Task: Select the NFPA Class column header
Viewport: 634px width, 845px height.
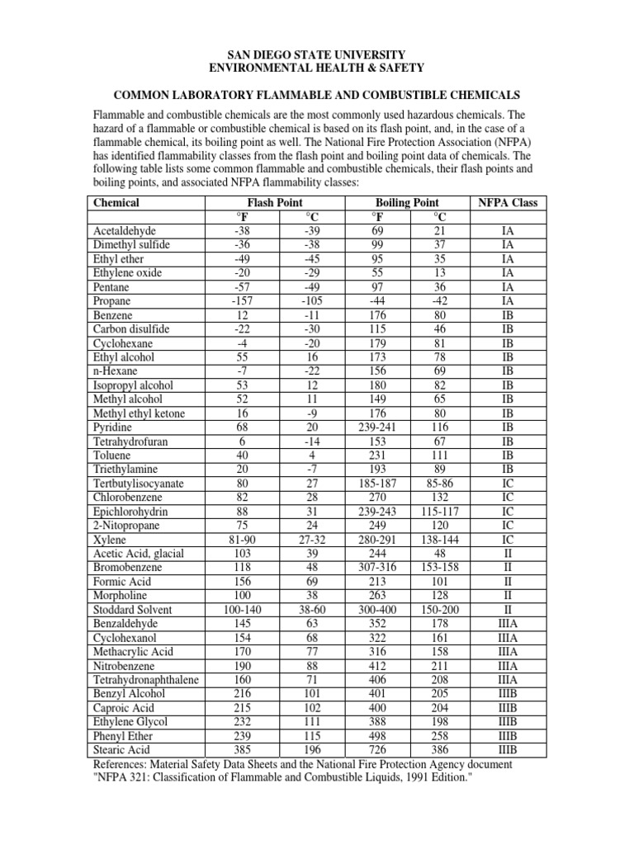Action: (x=508, y=202)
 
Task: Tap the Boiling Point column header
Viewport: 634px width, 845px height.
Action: (x=407, y=202)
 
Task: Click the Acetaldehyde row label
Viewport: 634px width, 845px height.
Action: (x=125, y=231)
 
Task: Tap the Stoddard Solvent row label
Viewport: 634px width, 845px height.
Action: (x=133, y=610)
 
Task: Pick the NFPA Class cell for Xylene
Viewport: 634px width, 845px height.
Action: (x=508, y=540)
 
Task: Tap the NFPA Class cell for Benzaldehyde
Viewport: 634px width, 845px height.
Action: (x=508, y=624)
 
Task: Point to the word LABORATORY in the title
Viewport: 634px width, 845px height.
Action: (x=258, y=96)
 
